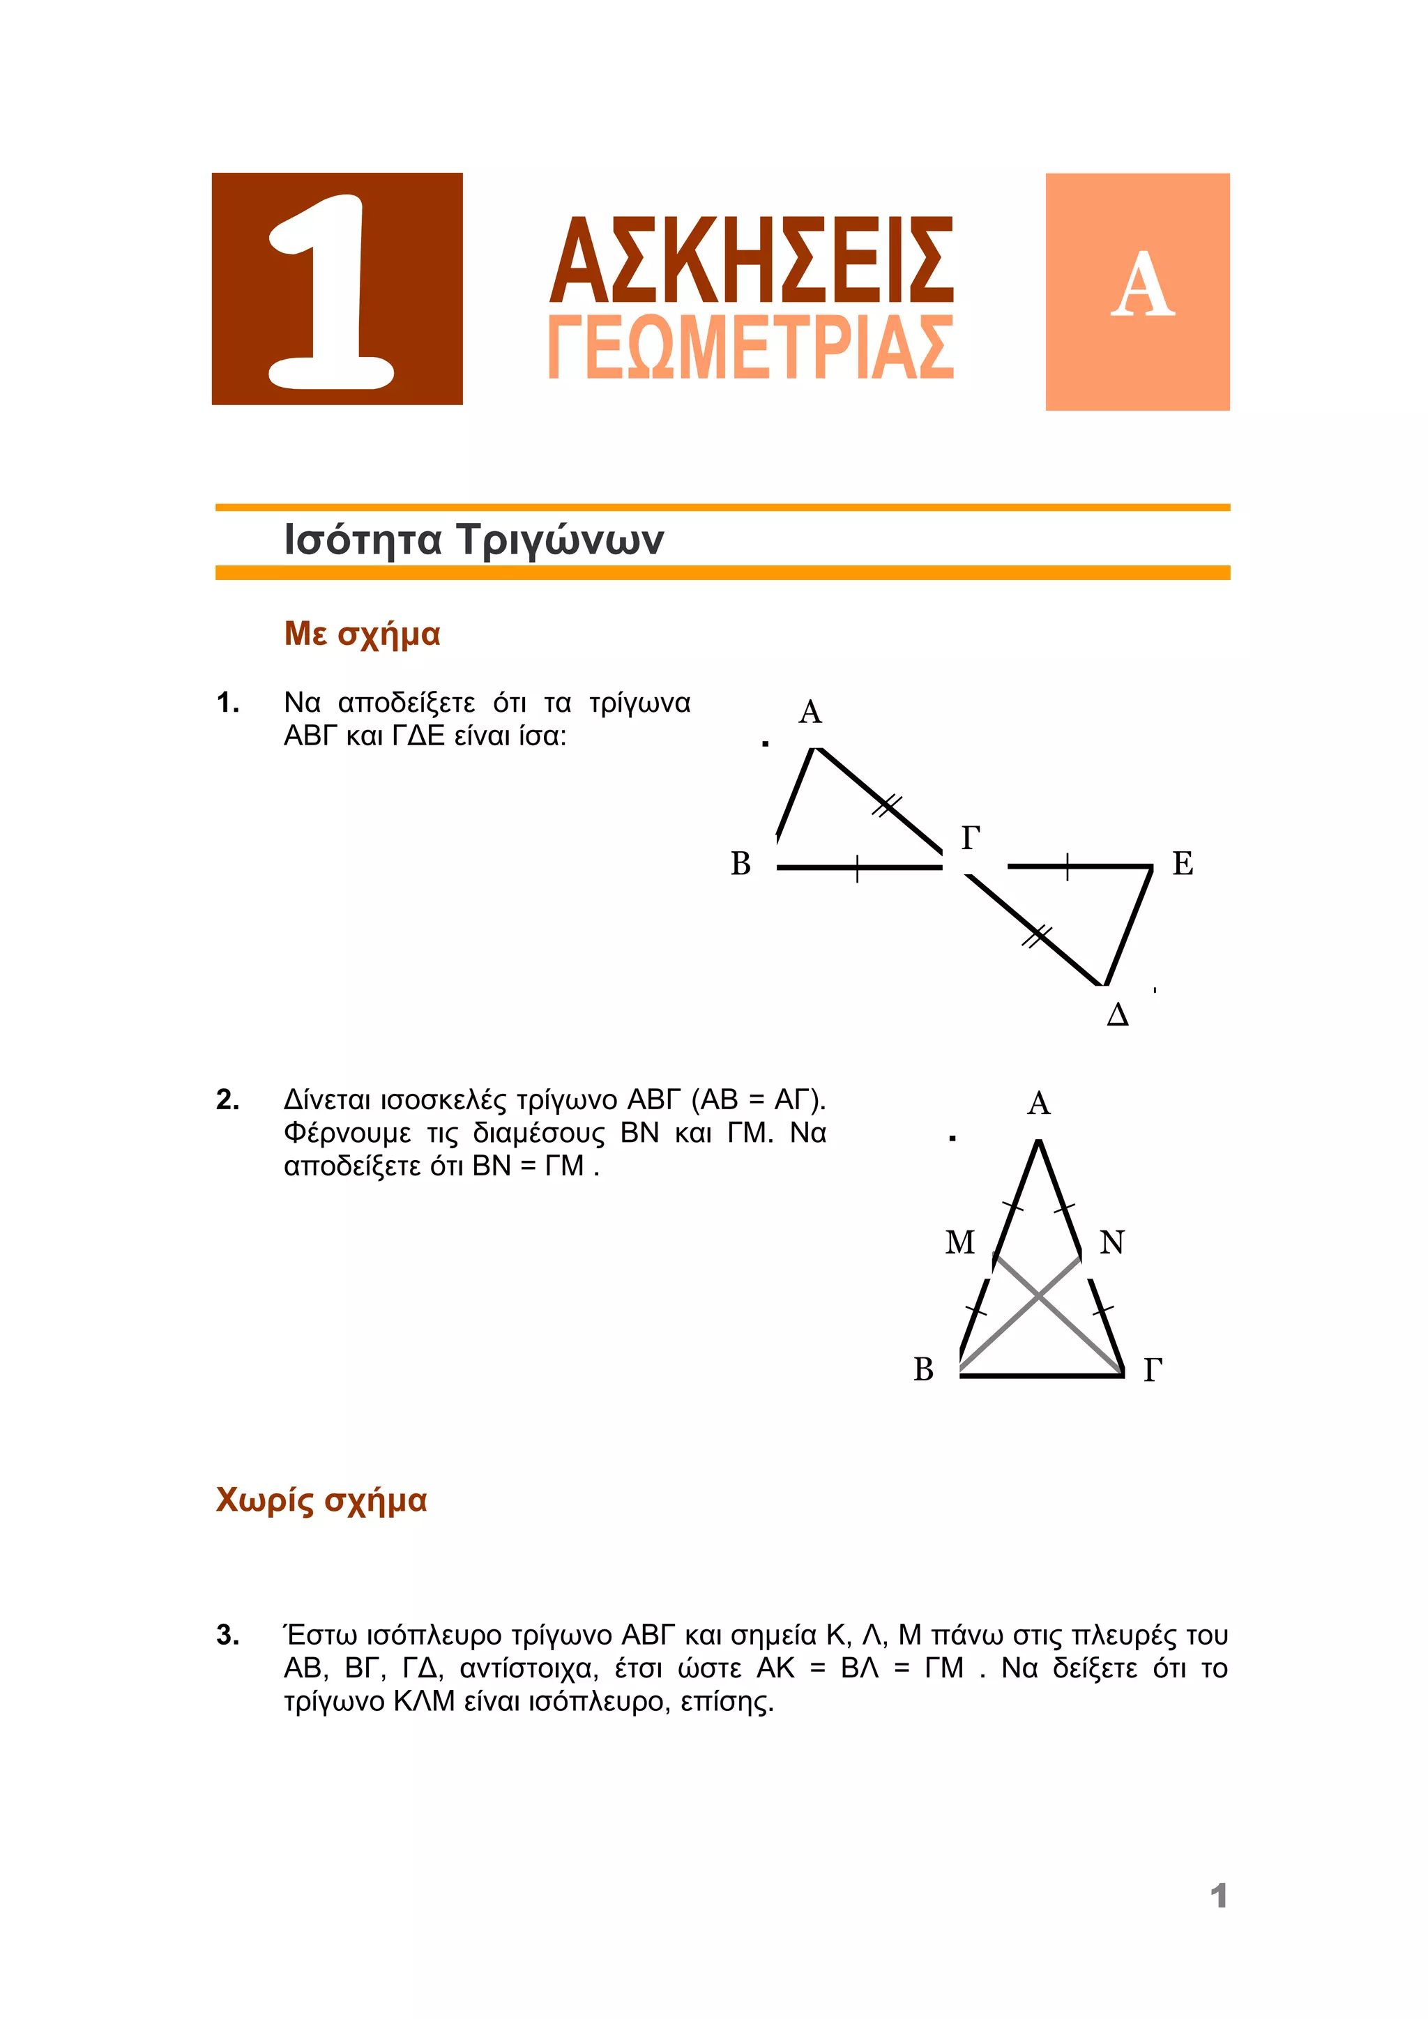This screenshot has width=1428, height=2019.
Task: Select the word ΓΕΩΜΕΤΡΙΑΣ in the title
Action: tap(752, 346)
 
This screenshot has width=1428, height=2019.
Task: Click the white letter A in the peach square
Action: tap(1142, 285)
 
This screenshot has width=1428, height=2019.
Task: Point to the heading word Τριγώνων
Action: tap(560, 539)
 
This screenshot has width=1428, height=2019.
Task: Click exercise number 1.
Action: tap(228, 703)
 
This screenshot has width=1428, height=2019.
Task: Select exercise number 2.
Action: tap(228, 1099)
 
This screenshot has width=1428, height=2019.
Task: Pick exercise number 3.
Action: tap(228, 1635)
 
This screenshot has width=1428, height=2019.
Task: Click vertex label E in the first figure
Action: tap(1183, 864)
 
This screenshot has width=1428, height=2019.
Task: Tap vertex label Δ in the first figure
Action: tap(1117, 1015)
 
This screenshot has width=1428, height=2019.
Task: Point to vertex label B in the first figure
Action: tap(740, 864)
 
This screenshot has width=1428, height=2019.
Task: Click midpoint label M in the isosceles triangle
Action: tap(959, 1242)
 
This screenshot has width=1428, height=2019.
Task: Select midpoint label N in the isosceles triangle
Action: tap(1112, 1242)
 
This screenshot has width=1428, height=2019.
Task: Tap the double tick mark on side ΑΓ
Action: tap(887, 805)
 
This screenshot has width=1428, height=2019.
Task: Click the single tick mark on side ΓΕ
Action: tap(1067, 867)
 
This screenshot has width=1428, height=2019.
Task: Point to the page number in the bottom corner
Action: tap(1218, 1895)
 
